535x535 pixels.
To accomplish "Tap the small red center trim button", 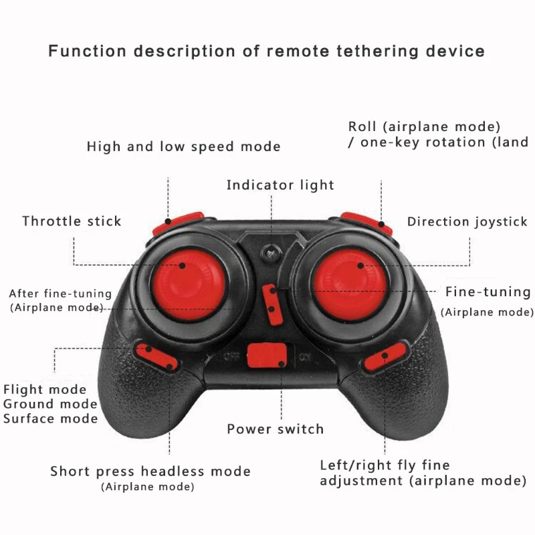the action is click(x=272, y=302).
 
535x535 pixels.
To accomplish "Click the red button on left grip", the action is click(x=156, y=356).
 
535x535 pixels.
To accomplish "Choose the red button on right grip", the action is click(x=386, y=355).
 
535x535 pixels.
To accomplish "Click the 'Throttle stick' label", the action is click(x=72, y=221).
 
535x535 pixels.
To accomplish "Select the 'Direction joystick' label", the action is click(x=467, y=221).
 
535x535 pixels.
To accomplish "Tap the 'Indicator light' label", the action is click(x=280, y=185).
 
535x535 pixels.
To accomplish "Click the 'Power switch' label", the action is click(x=275, y=429).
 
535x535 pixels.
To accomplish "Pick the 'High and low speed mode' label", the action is click(x=183, y=146).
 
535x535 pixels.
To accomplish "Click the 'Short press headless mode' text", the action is click(x=150, y=471).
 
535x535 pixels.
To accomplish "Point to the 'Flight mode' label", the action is click(x=45, y=389).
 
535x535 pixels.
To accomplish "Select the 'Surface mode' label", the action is click(x=50, y=419).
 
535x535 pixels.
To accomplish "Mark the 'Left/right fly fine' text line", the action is click(x=385, y=465).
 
